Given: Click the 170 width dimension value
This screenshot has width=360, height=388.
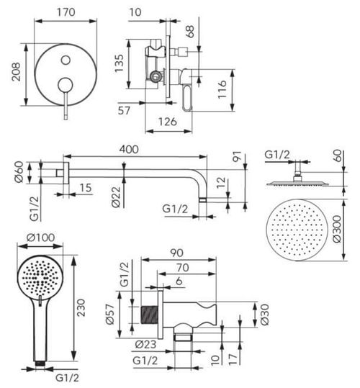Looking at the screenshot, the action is click(x=66, y=12).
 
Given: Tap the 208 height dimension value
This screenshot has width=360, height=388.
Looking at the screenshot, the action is click(x=17, y=72).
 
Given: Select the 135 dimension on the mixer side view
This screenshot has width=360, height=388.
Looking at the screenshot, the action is click(x=119, y=63).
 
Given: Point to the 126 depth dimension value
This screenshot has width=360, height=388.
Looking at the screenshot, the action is click(x=168, y=122).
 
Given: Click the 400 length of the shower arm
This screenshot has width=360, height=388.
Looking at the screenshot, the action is click(x=129, y=150).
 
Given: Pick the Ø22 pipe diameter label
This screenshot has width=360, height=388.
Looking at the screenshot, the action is click(x=116, y=197).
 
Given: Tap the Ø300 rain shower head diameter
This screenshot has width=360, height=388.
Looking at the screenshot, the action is click(x=337, y=229).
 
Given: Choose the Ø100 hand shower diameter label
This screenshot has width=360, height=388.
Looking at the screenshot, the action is click(x=41, y=238).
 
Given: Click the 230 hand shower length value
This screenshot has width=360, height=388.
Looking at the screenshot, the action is click(x=81, y=307).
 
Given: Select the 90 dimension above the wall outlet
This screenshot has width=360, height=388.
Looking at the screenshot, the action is click(x=177, y=253).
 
